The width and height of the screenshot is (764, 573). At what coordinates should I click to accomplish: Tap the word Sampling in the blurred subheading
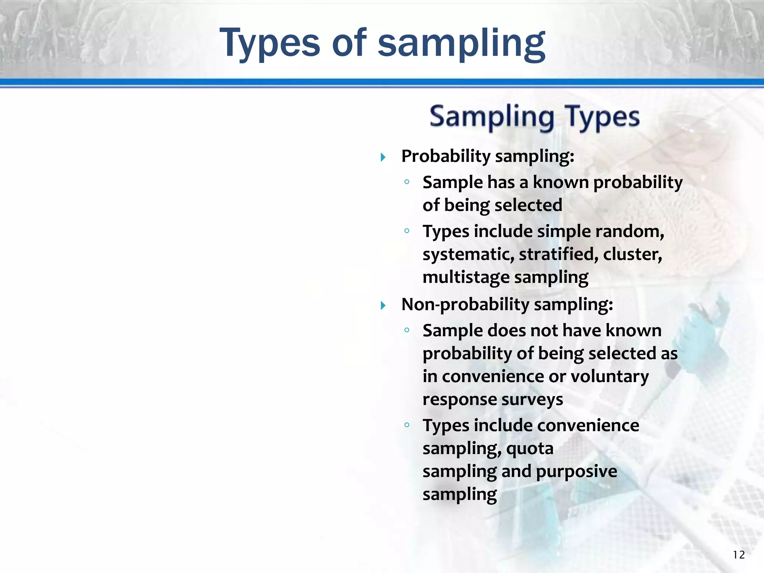point(491,117)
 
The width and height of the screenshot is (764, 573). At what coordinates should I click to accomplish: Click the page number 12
point(739,555)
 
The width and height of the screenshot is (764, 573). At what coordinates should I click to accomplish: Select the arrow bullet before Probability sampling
point(383,157)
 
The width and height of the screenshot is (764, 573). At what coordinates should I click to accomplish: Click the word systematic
point(468,254)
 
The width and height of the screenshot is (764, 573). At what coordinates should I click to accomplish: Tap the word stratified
point(558,254)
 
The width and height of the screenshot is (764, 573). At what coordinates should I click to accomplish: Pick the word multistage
point(466,277)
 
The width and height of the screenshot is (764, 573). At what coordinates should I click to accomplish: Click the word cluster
point(632,254)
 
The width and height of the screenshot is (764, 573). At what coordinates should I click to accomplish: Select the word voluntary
point(610,376)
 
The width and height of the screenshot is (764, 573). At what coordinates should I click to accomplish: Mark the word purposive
point(576,471)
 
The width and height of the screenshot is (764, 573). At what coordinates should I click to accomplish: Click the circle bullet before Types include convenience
point(407,425)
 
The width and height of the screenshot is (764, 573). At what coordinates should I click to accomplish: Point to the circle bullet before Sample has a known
point(407,182)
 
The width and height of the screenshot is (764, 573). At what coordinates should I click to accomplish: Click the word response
point(459,400)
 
